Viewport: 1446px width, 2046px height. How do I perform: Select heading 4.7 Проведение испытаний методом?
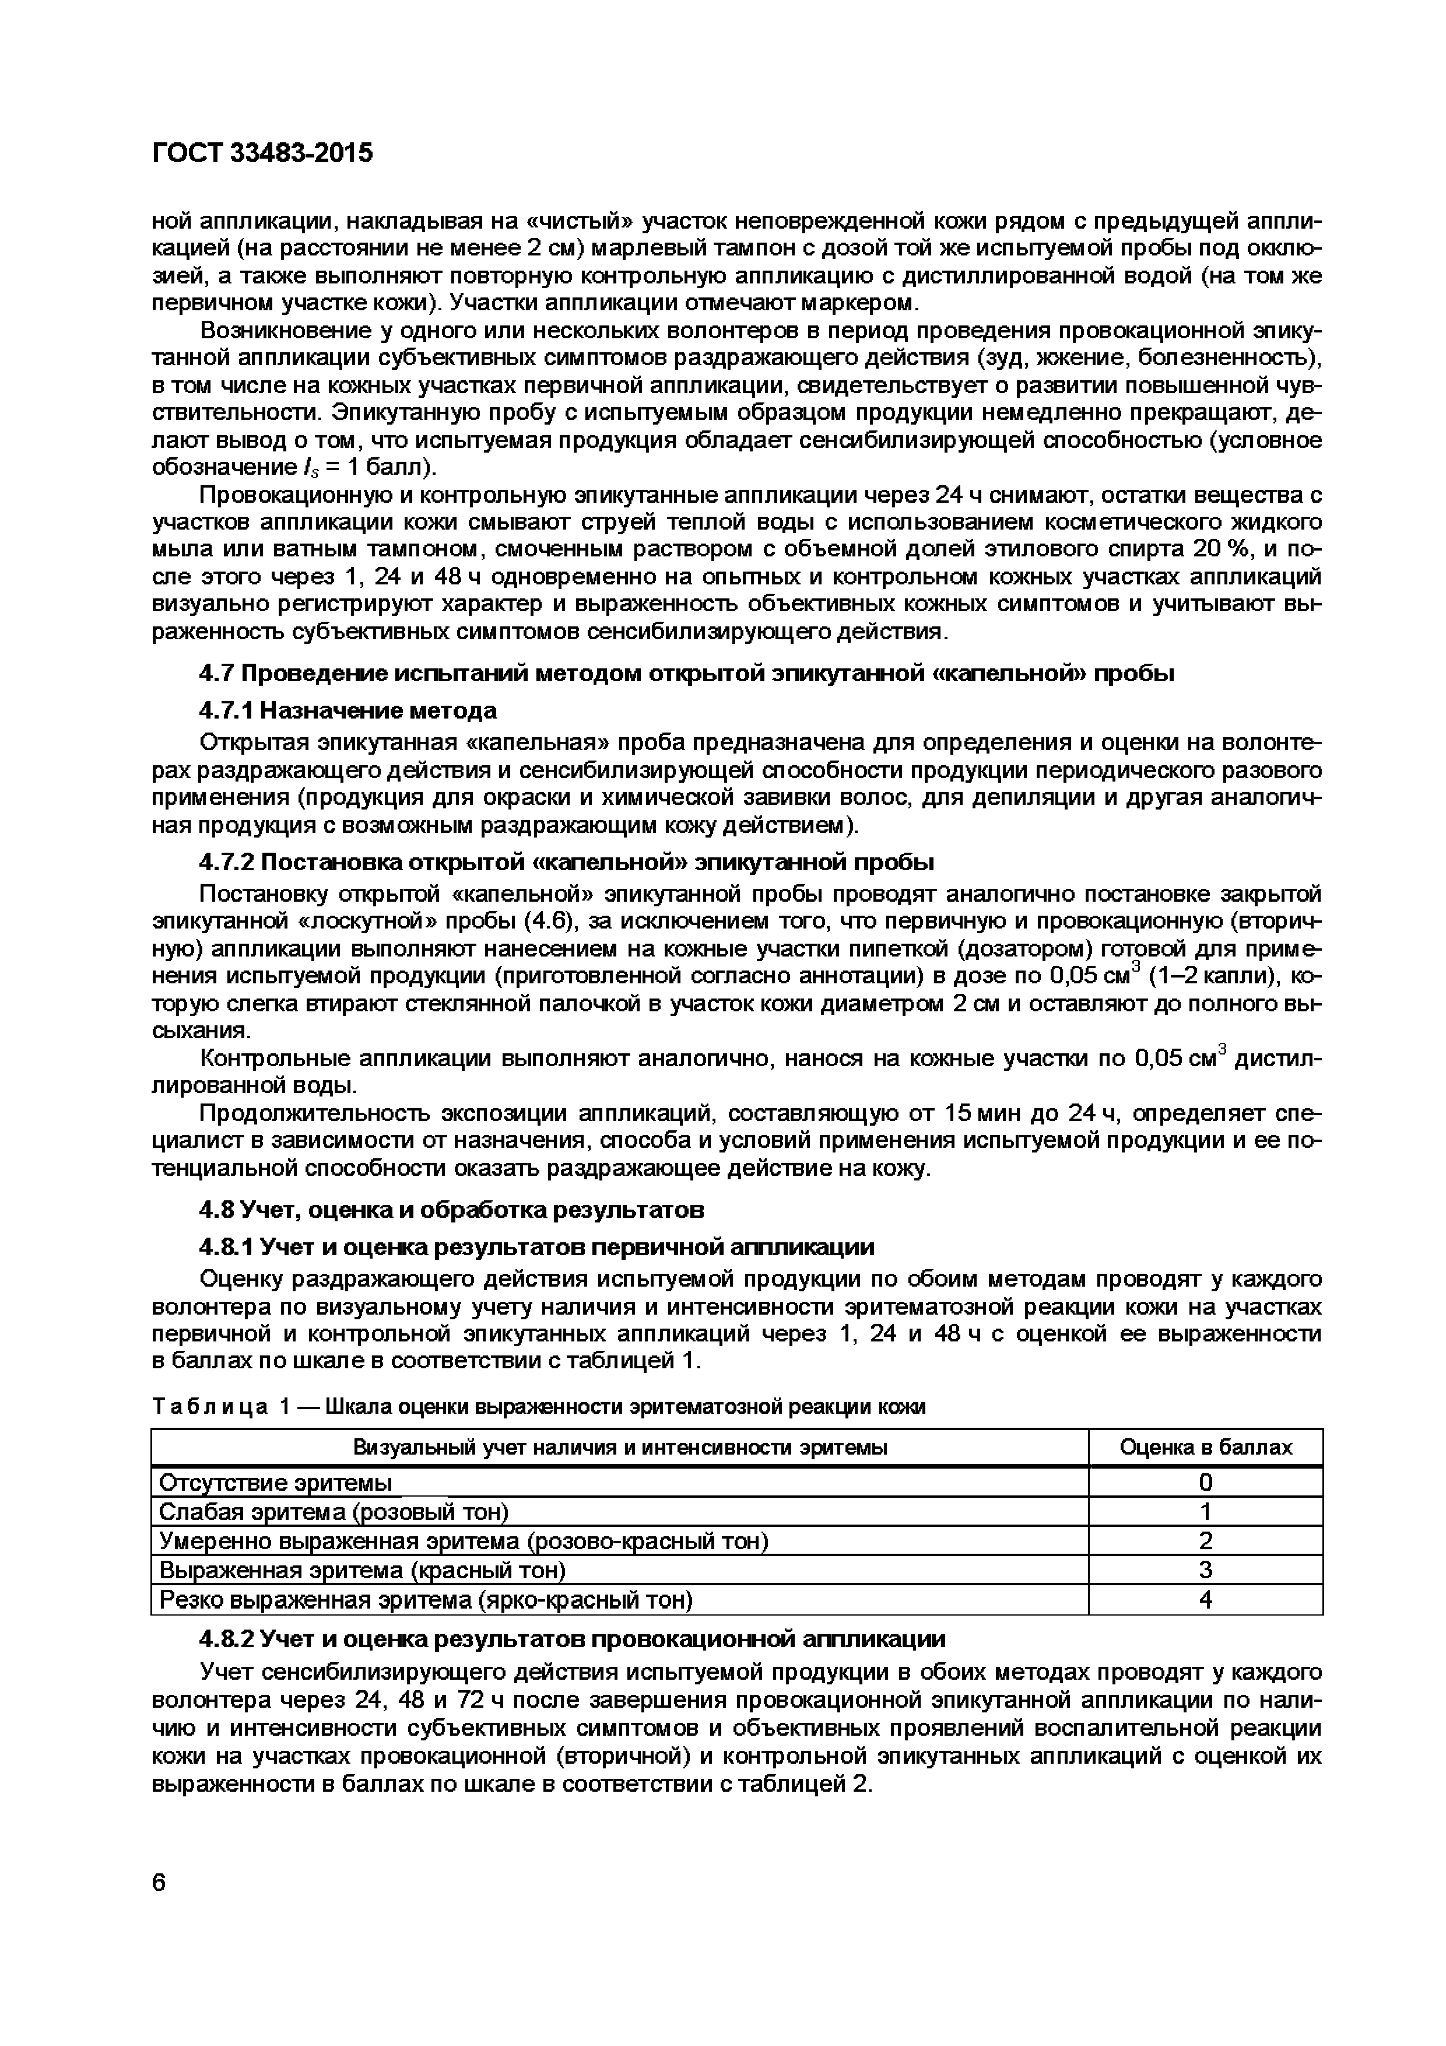(685, 673)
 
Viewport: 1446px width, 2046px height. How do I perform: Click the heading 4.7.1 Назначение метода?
(348, 710)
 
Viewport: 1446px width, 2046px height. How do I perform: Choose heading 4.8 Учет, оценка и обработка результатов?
(451, 1209)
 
